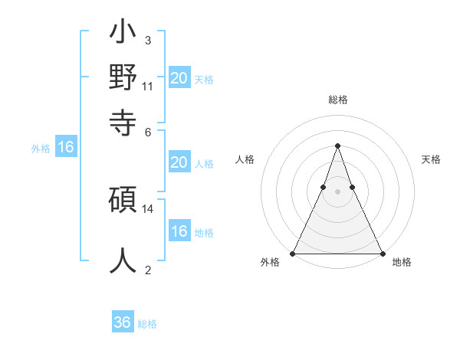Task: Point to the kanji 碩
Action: [123, 201]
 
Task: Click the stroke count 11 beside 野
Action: [148, 86]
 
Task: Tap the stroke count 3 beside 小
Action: [147, 40]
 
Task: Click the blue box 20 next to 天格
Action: [179, 78]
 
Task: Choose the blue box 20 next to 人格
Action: [179, 162]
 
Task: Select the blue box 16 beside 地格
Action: [179, 231]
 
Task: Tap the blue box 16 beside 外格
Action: [66, 147]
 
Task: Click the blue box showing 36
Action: [123, 322]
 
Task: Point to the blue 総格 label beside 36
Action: [147, 324]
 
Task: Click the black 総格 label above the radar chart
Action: [337, 100]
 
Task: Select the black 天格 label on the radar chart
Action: [431, 159]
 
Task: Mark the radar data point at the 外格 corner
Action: [293, 253]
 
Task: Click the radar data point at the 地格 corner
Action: [382, 253]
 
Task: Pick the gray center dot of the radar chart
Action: [337, 192]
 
